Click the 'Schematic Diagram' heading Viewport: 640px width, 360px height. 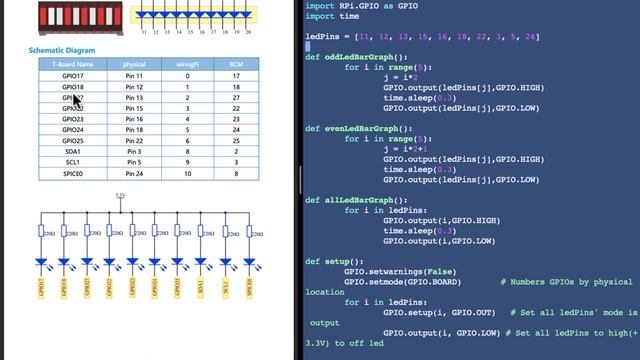click(x=62, y=50)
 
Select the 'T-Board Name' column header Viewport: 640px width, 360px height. click(x=73, y=64)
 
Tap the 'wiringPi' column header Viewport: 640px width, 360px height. click(x=188, y=64)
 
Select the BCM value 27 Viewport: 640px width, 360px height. click(x=235, y=97)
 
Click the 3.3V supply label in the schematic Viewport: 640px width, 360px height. click(x=120, y=196)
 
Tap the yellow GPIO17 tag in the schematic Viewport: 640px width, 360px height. click(x=41, y=288)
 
